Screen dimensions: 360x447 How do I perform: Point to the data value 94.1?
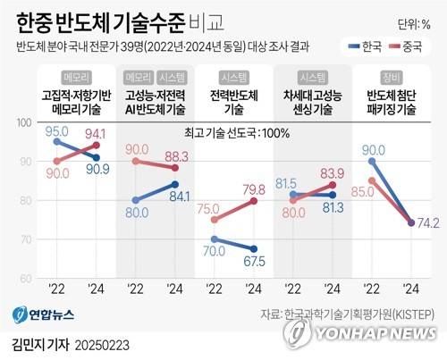pyautogui.click(x=96, y=135)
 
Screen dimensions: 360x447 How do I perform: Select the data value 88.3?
pyautogui.click(x=175, y=155)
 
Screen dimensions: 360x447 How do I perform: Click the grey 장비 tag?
pyautogui.click(x=390, y=77)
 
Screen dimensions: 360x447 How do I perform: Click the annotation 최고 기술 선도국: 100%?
pyautogui.click(x=228, y=133)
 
